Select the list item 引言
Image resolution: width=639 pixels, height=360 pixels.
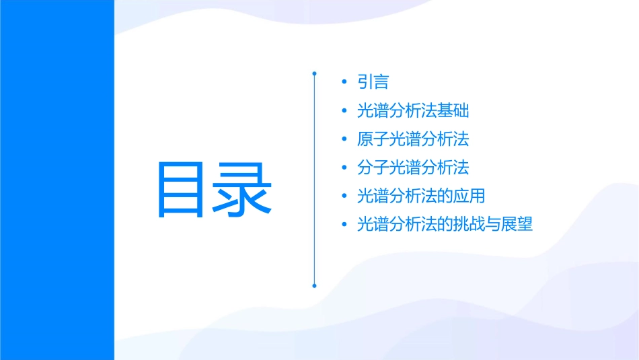(373, 82)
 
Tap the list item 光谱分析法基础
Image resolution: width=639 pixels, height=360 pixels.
(413, 111)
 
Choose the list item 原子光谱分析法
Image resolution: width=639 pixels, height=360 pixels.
(413, 139)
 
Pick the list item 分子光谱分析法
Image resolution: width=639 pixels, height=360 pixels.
(413, 168)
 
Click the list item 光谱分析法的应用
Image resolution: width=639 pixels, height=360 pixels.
(421, 196)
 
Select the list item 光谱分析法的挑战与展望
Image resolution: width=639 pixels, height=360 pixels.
(445, 225)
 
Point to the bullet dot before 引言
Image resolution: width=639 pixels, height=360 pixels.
(344, 83)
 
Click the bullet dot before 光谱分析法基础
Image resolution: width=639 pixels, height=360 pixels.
(344, 112)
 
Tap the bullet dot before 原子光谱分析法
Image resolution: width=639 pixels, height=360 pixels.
(344, 140)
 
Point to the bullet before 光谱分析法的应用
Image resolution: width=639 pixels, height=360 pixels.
(344, 197)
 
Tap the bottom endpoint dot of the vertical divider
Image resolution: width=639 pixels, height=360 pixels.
(314, 285)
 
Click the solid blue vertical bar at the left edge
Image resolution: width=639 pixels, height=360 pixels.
(57, 180)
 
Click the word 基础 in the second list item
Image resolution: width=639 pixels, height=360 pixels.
(453, 111)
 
